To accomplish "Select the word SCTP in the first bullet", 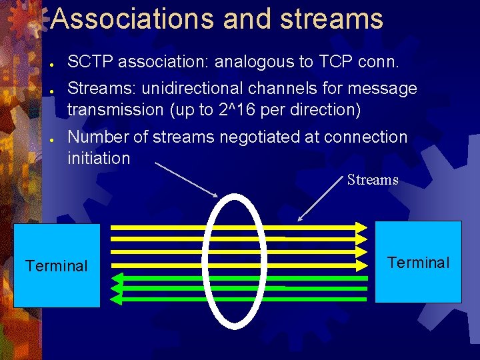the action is coord(89,63).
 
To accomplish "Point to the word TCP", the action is coord(334,63).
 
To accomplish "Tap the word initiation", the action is coord(99,159).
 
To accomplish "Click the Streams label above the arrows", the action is coord(373,180).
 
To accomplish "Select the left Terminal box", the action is coord(57,265).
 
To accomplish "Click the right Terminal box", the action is coord(418,262).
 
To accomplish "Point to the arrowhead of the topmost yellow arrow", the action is coord(361,227).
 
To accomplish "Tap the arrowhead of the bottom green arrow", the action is coord(116,299).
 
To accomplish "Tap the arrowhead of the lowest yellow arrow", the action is coord(361,265).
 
